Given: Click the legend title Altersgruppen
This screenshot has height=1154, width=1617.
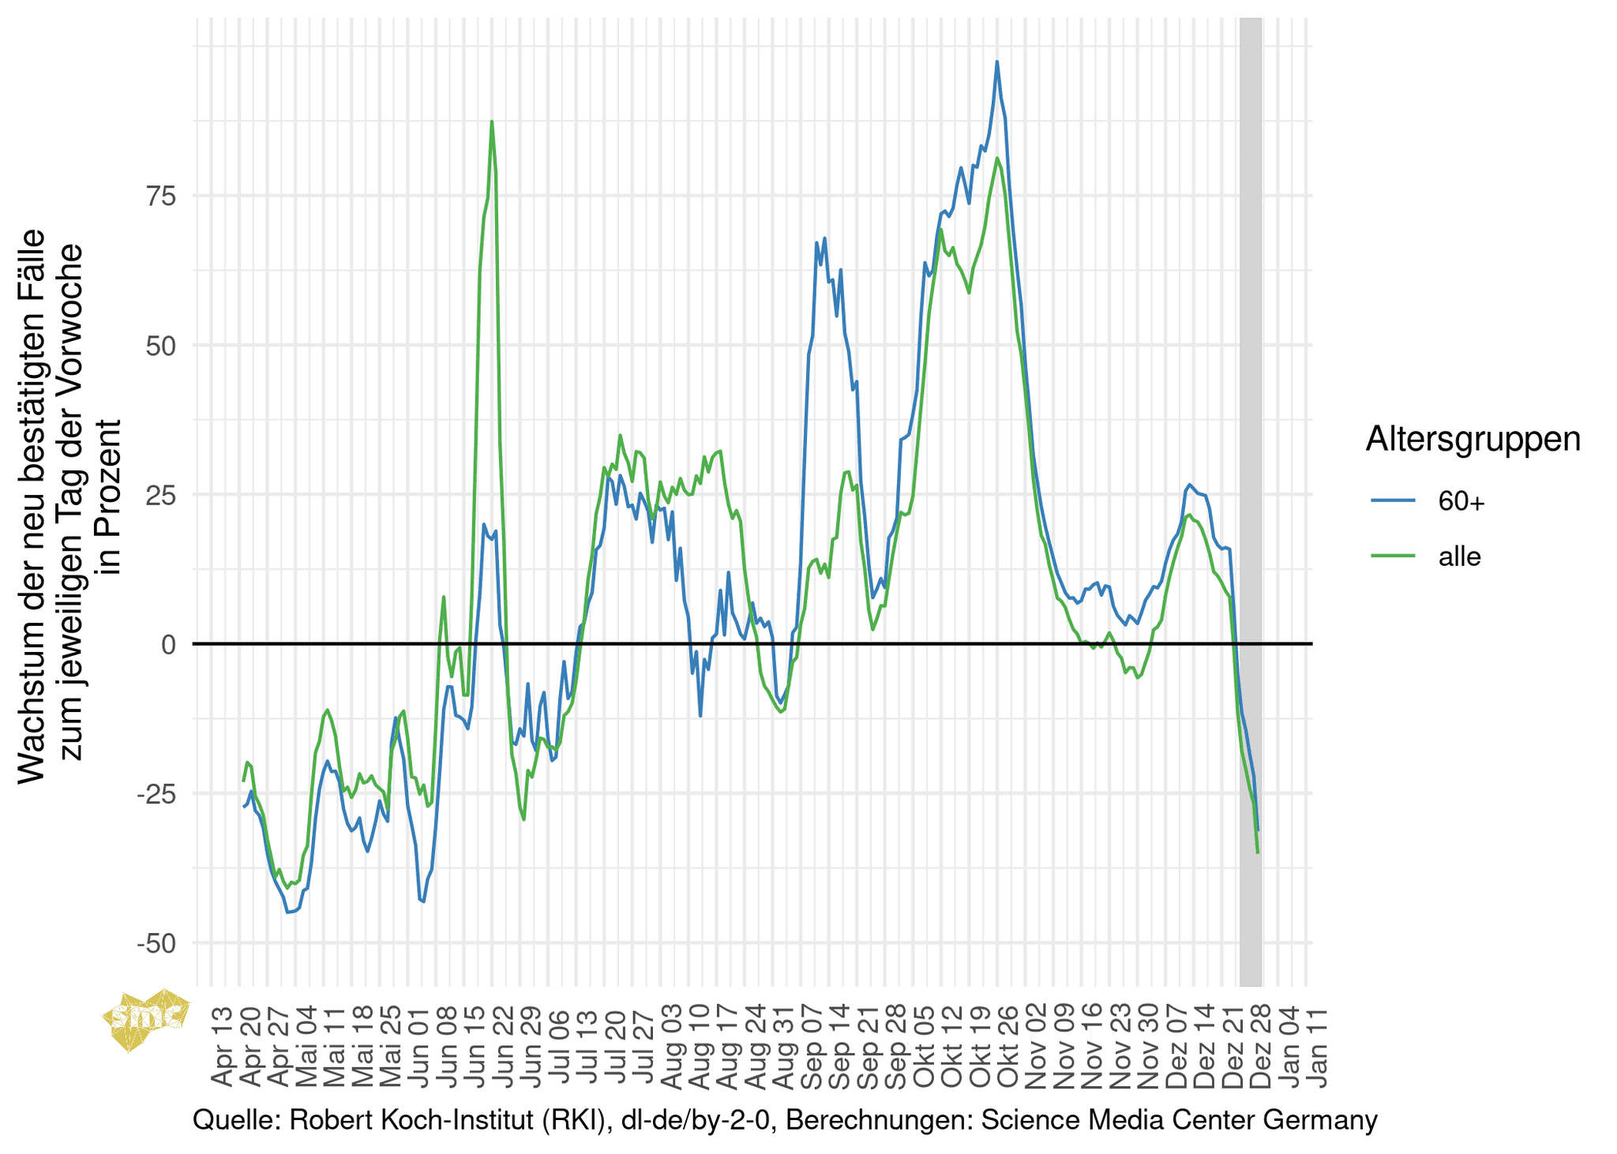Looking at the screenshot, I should (1473, 439).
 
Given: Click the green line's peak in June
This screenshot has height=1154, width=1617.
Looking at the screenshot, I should (491, 122).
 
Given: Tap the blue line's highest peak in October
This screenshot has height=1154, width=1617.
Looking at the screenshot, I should (997, 62).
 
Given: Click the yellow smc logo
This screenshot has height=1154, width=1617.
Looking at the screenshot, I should (147, 1019).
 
